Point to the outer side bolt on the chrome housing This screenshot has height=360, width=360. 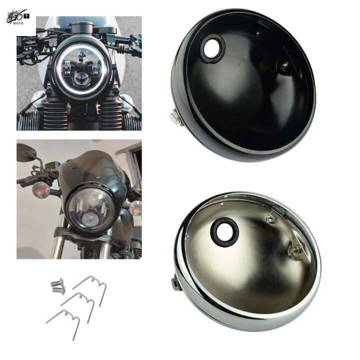176,283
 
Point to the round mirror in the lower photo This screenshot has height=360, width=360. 25,152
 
